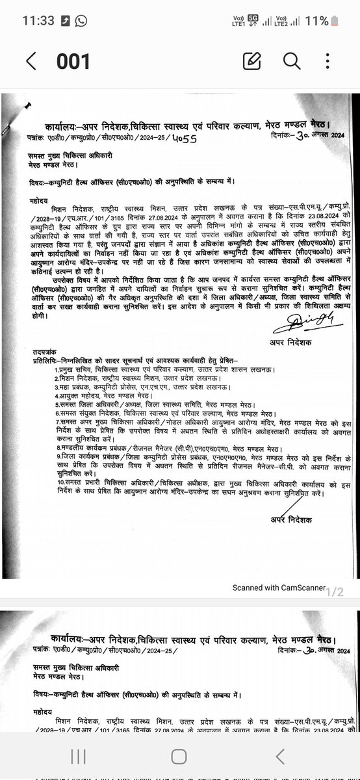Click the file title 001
pos(73,61)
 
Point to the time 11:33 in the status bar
pos(38,21)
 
